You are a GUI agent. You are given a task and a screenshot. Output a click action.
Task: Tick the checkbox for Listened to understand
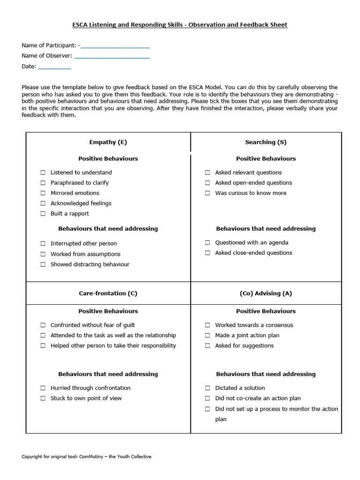[43, 172]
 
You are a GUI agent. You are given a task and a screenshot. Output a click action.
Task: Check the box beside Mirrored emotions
[43, 193]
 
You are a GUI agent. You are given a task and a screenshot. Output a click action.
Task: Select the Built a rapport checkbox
[43, 214]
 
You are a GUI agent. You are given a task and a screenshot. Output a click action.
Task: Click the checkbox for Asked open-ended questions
[207, 183]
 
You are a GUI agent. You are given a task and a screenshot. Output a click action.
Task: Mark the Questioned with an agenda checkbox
[207, 243]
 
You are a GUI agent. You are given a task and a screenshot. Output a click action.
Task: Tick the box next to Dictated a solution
[207, 388]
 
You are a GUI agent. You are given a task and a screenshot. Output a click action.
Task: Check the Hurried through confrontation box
[43, 388]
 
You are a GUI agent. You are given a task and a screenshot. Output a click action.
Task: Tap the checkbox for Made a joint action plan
[207, 336]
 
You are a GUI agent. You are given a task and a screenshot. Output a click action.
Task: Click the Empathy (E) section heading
[108, 142]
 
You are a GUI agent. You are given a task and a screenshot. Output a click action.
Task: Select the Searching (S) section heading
[265, 142]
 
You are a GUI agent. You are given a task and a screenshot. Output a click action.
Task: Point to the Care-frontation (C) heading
[108, 293]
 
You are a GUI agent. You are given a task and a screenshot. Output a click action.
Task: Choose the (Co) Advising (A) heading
[265, 293]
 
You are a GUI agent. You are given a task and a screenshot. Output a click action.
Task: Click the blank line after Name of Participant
[115, 46]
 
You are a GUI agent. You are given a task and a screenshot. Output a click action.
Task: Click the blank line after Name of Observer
[112, 56]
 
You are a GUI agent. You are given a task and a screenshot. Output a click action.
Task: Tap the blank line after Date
[54, 67]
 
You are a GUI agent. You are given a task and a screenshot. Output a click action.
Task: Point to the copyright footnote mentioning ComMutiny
[87, 457]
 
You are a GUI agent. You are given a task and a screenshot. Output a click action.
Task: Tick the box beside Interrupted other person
[43, 244]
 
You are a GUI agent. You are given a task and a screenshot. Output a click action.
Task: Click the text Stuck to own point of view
[86, 398]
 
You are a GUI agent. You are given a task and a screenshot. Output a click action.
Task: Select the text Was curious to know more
[250, 193]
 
